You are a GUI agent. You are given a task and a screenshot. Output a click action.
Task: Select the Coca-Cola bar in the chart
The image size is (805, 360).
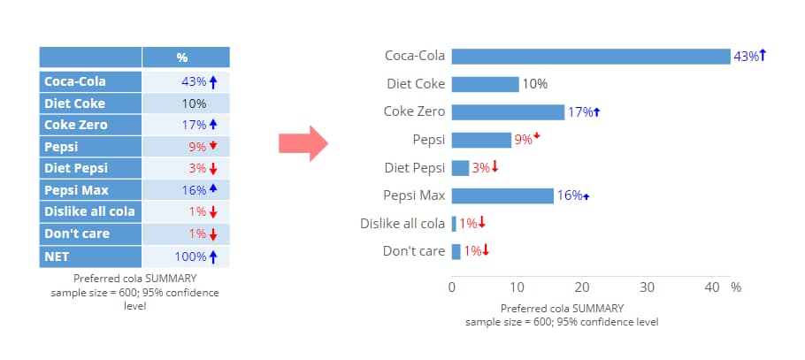click(x=590, y=56)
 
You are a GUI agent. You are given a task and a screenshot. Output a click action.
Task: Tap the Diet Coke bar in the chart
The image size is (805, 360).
click(x=485, y=84)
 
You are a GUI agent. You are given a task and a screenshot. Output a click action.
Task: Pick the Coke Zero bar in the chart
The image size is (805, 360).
click(x=508, y=111)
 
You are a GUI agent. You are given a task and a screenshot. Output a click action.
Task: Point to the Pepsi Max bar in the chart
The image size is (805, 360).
click(x=502, y=195)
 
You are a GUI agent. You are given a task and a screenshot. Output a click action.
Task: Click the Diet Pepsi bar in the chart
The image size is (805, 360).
click(x=460, y=167)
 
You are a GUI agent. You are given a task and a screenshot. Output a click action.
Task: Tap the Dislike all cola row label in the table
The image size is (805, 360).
click(x=89, y=211)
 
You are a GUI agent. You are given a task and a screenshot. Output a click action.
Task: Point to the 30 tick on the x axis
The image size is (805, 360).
click(x=648, y=287)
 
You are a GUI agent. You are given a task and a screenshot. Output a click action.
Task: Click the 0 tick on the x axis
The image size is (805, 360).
click(x=452, y=287)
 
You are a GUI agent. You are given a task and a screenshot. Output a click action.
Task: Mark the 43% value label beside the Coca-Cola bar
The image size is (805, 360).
click(x=746, y=57)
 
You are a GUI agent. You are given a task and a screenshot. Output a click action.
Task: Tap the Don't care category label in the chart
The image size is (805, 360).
click(x=413, y=251)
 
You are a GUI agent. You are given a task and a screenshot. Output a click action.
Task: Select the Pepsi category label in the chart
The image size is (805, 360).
click(x=428, y=140)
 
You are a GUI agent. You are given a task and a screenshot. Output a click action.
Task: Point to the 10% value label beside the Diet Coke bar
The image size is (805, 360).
click(x=534, y=84)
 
